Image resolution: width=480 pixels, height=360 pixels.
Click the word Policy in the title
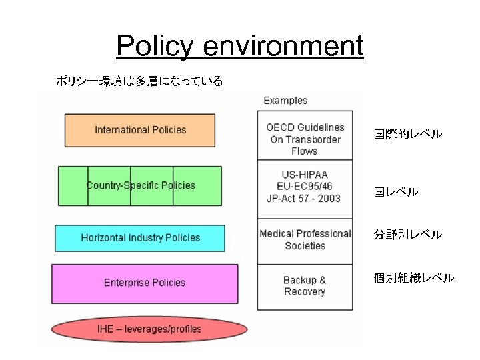tap(155, 47)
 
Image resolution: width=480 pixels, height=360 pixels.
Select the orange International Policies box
tap(140, 130)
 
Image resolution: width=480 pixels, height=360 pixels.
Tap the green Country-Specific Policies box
tap(140, 185)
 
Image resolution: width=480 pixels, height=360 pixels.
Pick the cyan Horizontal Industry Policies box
tap(140, 238)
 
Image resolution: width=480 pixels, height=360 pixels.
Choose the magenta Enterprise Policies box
tap(144, 283)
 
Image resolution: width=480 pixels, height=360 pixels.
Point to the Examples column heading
tap(285, 101)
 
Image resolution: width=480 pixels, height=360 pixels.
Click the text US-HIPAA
tap(305, 174)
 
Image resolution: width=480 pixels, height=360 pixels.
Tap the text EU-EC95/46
tap(305, 186)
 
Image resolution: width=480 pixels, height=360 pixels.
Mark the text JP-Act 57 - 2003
tap(305, 198)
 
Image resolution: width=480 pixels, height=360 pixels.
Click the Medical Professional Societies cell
tap(305, 240)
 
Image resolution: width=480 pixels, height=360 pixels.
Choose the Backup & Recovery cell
tap(305, 286)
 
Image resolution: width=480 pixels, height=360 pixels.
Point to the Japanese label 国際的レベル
tap(407, 135)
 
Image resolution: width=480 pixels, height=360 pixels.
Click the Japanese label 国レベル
tap(395, 192)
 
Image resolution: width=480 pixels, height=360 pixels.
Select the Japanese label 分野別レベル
tap(407, 235)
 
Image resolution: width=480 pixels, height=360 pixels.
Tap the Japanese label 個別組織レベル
tap(413, 278)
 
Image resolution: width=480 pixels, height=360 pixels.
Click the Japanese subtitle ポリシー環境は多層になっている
tap(139, 82)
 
